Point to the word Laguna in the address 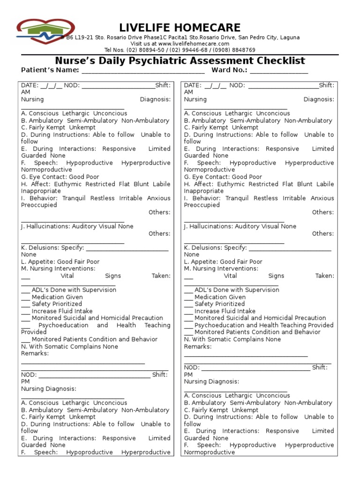pos(289,37)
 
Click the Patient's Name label pos(50,70)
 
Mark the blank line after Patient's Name pos(143,72)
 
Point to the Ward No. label pos(229,70)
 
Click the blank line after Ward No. pos(279,72)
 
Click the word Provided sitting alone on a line pos(34,332)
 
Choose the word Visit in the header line pos(138,44)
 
